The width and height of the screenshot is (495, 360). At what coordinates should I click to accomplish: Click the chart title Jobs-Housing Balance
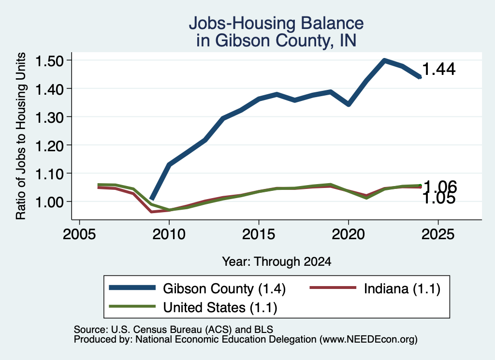(x=276, y=23)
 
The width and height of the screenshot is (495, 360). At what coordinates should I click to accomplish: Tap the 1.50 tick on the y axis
(x=49, y=60)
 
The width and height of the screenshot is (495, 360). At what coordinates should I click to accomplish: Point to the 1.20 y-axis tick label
(x=49, y=145)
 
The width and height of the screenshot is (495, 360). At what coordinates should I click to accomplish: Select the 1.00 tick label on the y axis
(x=49, y=202)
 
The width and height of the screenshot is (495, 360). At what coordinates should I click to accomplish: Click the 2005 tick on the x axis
(x=80, y=234)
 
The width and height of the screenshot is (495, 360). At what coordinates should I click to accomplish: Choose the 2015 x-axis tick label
(x=259, y=234)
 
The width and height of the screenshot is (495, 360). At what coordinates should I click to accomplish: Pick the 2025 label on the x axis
(x=438, y=234)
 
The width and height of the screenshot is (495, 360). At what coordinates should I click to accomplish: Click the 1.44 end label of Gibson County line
(x=439, y=69)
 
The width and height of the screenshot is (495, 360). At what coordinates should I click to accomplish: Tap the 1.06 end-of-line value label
(x=440, y=187)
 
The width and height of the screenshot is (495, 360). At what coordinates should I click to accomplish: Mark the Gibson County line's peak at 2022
(x=384, y=60)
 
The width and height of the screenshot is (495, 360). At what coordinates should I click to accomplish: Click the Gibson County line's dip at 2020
(x=349, y=104)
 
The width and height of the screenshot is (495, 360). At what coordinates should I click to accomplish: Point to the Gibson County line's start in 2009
(x=151, y=199)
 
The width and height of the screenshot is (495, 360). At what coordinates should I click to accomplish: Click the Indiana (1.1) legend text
(x=402, y=288)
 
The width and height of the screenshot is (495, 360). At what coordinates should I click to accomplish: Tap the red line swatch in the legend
(x=333, y=288)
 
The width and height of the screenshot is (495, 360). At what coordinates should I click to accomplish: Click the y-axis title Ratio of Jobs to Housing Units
(x=21, y=136)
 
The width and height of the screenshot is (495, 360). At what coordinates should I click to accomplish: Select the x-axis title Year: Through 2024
(x=277, y=261)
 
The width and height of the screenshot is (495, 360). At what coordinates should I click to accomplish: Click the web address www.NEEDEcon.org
(x=368, y=339)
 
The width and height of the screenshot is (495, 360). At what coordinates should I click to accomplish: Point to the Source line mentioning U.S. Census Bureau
(x=174, y=330)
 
